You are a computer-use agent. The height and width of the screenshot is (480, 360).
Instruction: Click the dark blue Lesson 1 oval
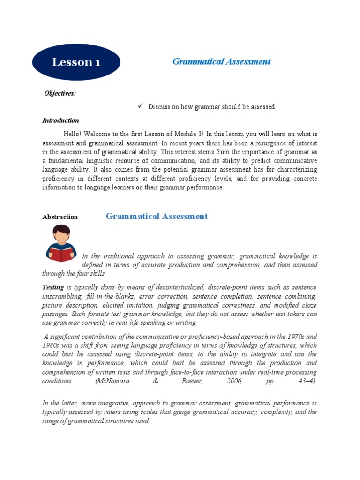[x=76, y=62]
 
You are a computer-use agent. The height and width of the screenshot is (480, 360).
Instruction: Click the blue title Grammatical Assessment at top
[x=221, y=61]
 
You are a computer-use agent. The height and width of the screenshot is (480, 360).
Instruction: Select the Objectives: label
[x=60, y=93]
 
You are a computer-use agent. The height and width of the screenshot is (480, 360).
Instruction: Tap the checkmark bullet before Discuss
[x=139, y=106]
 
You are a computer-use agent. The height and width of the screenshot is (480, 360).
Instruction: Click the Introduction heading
[x=60, y=120]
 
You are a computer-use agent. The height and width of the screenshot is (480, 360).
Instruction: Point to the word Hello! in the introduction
[x=80, y=134]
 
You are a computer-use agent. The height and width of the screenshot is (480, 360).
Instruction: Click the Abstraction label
[x=60, y=217]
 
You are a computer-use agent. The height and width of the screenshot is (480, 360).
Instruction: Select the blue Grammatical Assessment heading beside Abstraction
[x=157, y=216]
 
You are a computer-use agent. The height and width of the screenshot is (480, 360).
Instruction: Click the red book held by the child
[x=61, y=254]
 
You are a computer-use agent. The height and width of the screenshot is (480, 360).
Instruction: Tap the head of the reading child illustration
[x=61, y=233]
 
